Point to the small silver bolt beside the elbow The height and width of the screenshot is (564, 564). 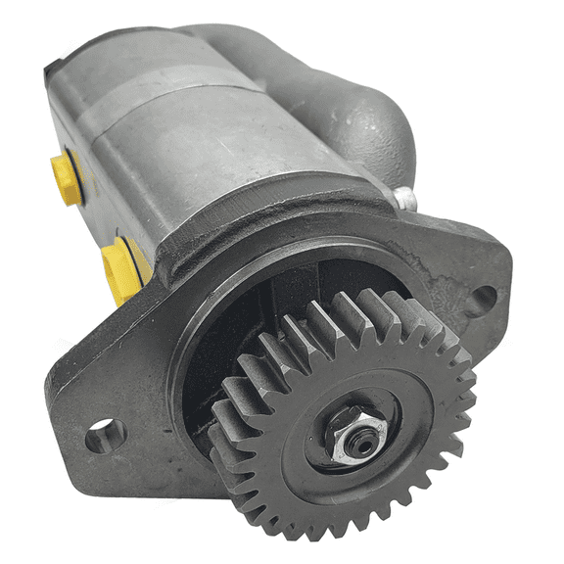coord(404,199)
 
